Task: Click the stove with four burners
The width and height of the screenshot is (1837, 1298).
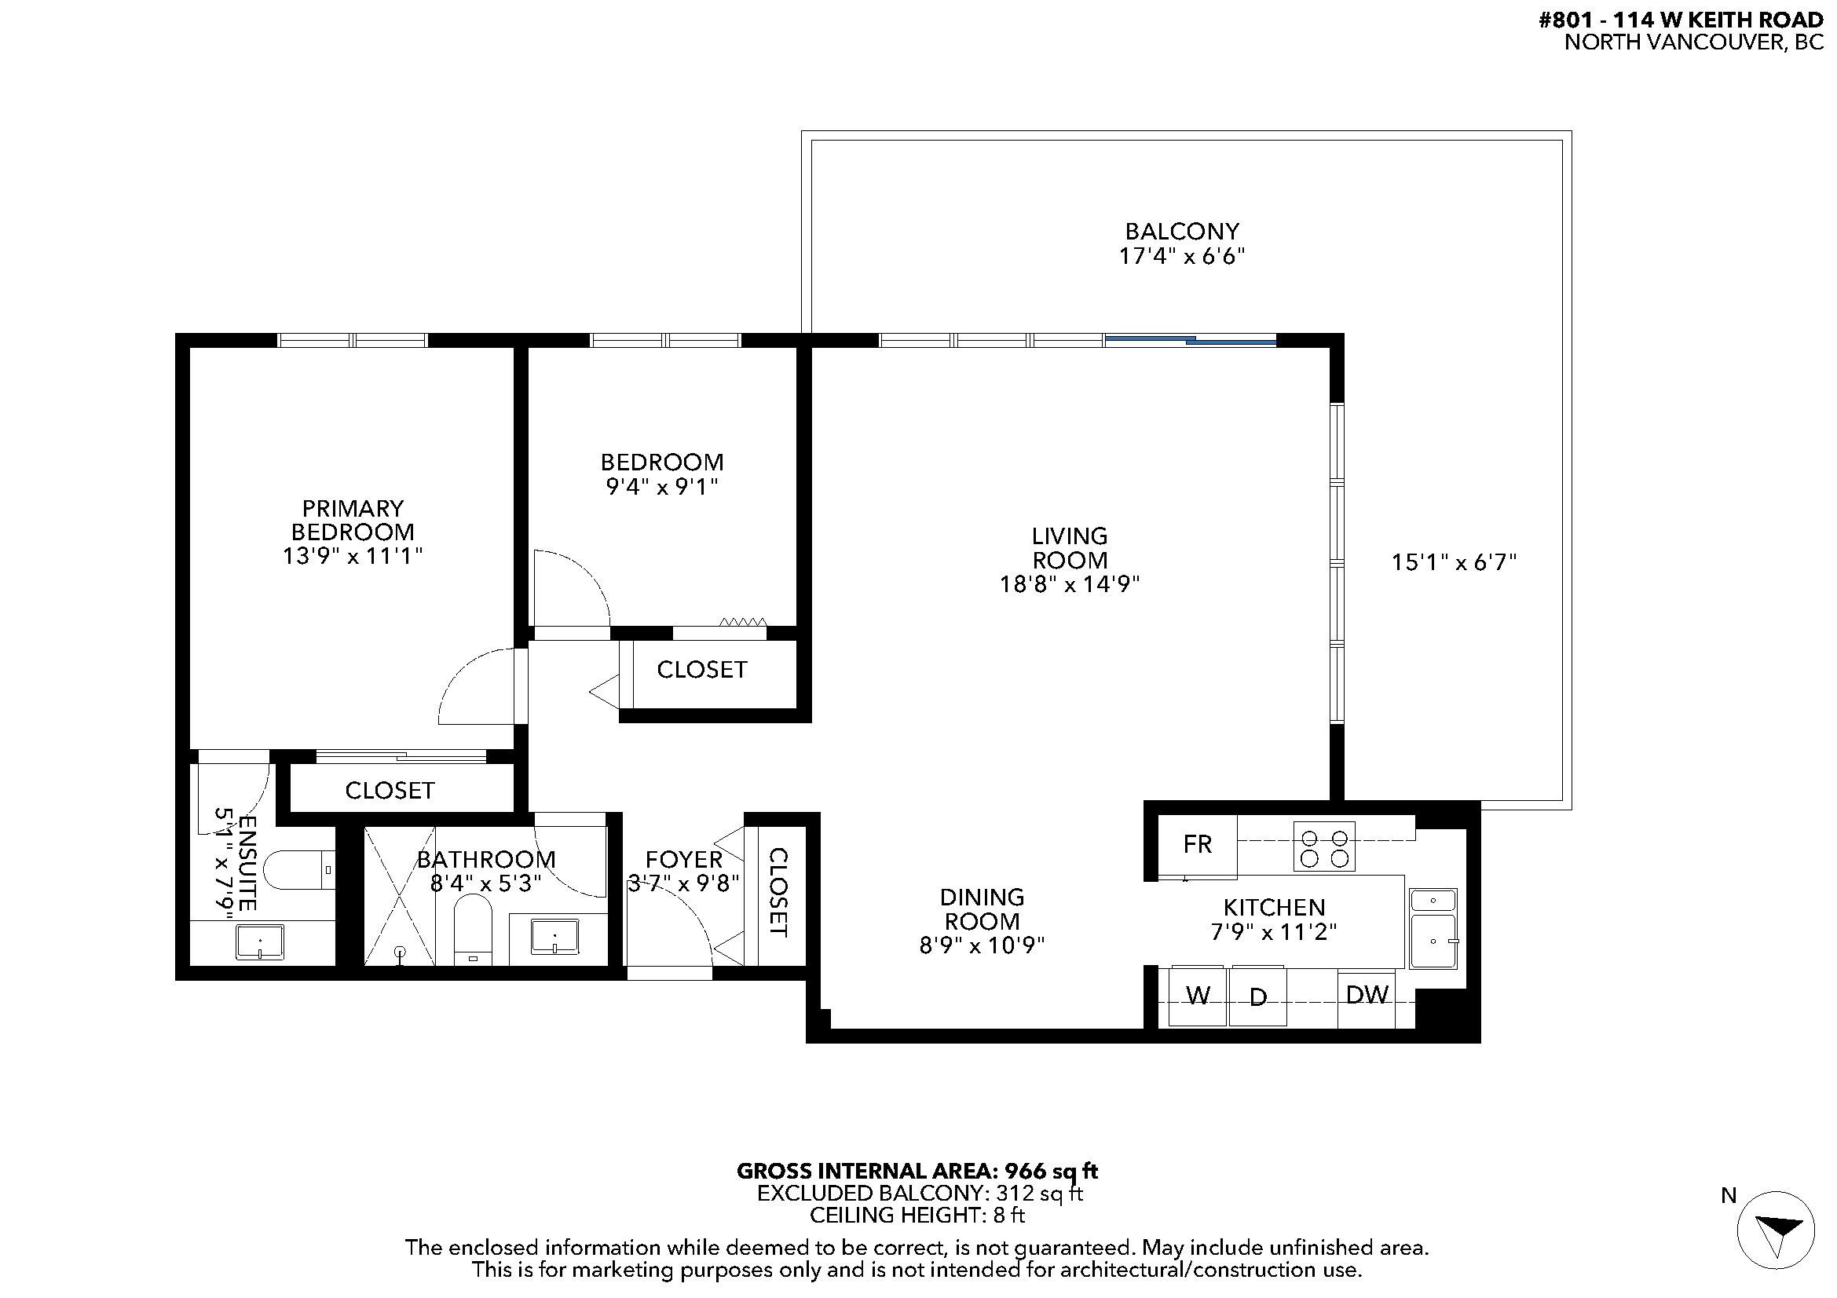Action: pyautogui.click(x=1324, y=846)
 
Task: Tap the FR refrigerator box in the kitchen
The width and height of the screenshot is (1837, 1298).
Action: pyautogui.click(x=1197, y=845)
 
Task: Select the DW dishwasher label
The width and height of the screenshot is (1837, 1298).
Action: pyautogui.click(x=1367, y=995)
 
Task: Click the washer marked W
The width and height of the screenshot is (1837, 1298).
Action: pyautogui.click(x=1197, y=996)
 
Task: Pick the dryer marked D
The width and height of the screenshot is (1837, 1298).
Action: pyautogui.click(x=1257, y=997)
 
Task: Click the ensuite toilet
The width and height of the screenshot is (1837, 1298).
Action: pyautogui.click(x=296, y=870)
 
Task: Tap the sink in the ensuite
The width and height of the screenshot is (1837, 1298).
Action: pyautogui.click(x=259, y=942)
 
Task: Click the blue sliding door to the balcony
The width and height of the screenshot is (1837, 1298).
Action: pyautogui.click(x=1190, y=341)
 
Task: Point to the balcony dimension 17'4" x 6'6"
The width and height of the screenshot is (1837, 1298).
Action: pyautogui.click(x=1182, y=256)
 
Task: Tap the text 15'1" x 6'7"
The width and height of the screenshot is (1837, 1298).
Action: pyautogui.click(x=1454, y=563)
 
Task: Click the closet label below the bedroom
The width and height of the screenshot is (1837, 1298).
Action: pyautogui.click(x=701, y=670)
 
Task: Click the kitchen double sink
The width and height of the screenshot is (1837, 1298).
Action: pyautogui.click(x=1433, y=928)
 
